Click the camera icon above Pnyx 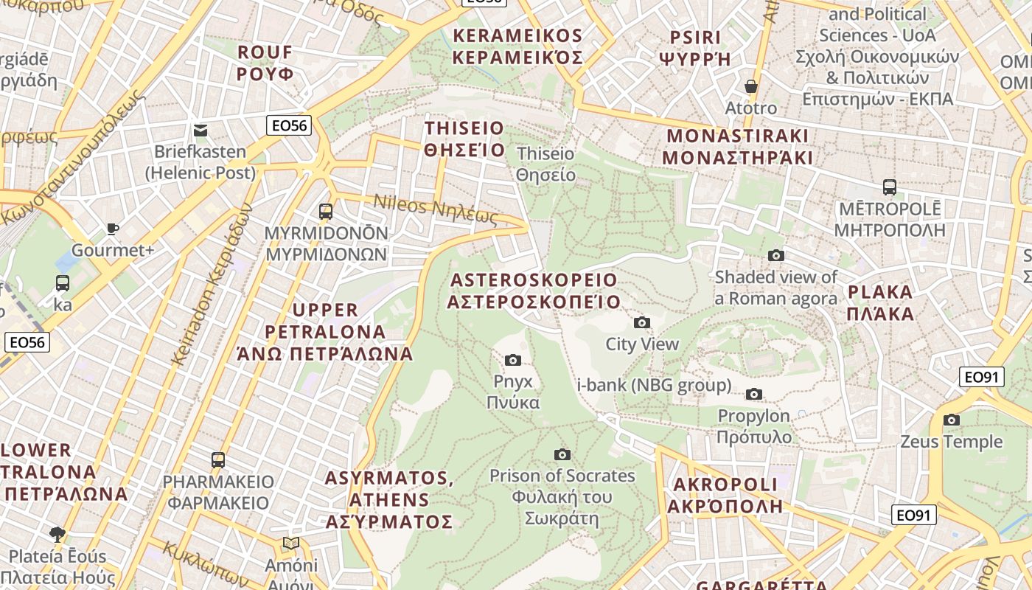[513, 360]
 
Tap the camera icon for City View [642, 322]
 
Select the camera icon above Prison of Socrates [562, 454]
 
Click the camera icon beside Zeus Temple [952, 420]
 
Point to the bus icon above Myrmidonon [326, 212]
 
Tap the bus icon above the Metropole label [890, 187]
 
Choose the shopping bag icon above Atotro [751, 86]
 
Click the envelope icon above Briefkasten [201, 131]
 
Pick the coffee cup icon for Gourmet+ [113, 229]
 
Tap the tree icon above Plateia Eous [57, 534]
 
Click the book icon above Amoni [291, 544]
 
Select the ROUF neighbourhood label [265, 63]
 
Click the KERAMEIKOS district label [517, 46]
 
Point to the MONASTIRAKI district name [737, 147]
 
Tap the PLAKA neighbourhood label [880, 302]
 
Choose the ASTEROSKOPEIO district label [534, 291]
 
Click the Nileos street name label [436, 208]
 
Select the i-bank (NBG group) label [654, 385]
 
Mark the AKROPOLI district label [725, 495]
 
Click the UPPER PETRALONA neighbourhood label [325, 331]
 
